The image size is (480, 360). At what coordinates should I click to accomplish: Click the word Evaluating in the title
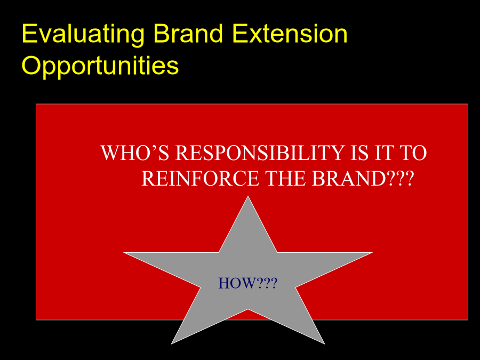point(83,35)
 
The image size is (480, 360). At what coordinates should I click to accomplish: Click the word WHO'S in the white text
point(135,153)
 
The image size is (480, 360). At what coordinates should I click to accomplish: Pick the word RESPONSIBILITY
point(260,153)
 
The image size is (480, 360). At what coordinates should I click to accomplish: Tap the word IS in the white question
point(359,153)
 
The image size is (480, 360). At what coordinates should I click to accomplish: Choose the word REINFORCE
point(200,178)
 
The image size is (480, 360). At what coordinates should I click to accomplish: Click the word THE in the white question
point(285,178)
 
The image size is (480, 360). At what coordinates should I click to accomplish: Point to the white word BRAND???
point(363,178)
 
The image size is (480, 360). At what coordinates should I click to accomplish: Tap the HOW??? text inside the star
point(247,283)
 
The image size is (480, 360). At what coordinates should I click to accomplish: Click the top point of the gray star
point(248,196)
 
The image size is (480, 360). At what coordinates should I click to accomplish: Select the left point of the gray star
point(124,253)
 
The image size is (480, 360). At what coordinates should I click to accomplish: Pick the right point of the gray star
point(372,253)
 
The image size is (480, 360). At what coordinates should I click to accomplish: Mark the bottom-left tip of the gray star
point(171,344)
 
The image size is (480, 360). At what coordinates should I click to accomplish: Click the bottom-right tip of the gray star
point(324,344)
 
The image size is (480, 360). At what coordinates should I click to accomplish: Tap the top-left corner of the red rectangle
point(36,104)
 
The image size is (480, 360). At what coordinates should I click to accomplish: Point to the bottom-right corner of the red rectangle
point(468,320)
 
